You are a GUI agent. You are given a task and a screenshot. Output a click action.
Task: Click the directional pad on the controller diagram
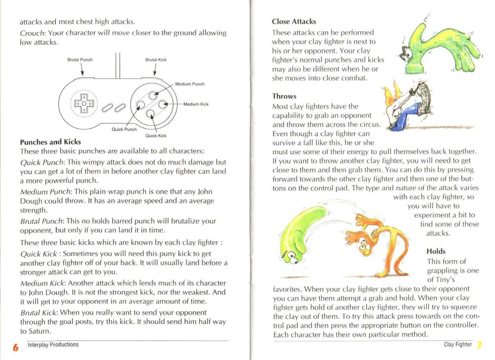[x=84, y=103]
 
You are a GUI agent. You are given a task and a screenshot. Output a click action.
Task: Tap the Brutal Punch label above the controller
[x=80, y=60]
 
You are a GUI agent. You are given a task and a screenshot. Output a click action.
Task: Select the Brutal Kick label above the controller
[x=156, y=60]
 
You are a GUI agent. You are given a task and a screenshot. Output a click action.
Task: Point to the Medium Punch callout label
[x=190, y=84]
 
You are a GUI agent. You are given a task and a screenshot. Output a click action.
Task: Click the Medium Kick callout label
[x=196, y=104]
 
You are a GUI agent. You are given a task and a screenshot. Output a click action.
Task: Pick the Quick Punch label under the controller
[x=124, y=129]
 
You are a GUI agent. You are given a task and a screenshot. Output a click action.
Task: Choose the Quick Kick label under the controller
[x=156, y=136]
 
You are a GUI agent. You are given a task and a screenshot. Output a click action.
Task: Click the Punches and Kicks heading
[x=50, y=142]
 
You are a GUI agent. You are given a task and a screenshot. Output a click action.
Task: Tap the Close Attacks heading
[x=294, y=22]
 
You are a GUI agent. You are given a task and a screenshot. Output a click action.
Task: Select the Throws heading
[x=284, y=96]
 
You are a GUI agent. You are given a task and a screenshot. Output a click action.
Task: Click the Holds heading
[x=436, y=251]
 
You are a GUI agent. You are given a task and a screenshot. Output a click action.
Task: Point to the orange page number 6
[x=15, y=347]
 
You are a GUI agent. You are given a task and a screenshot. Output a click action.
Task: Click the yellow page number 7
[x=479, y=345]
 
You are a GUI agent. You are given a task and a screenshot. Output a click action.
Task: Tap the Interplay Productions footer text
[x=53, y=345]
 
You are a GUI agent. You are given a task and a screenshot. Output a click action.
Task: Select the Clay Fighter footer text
[x=458, y=344]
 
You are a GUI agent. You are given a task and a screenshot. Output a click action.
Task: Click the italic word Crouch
[x=32, y=33]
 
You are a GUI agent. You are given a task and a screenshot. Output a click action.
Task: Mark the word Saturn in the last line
[x=39, y=331]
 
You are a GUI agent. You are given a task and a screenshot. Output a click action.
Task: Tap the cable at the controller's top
[x=118, y=66]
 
